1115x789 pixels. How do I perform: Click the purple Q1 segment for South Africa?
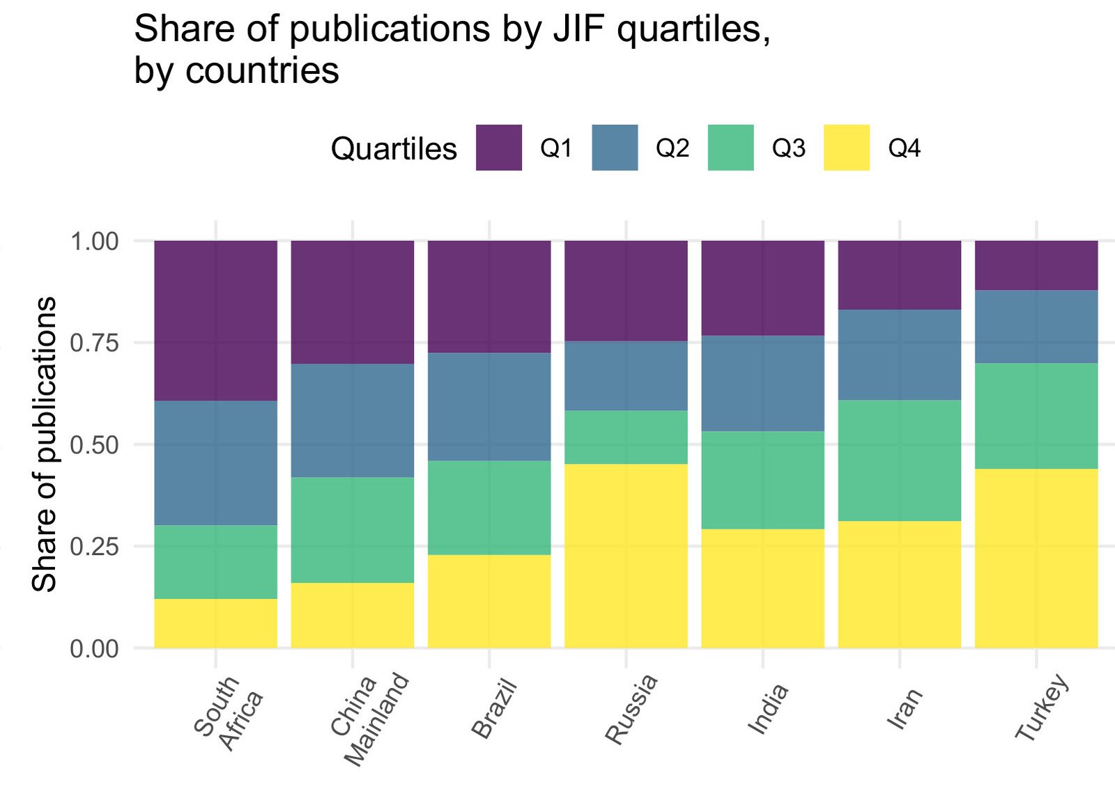click(x=215, y=320)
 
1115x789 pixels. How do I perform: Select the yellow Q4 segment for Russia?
click(x=626, y=556)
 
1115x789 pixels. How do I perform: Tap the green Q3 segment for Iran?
click(x=899, y=460)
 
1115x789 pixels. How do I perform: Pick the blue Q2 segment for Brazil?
click(x=489, y=407)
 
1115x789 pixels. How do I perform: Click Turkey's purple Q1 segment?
click(x=1036, y=265)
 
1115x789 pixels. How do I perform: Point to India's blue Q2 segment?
click(x=762, y=384)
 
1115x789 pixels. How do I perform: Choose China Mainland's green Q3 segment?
click(x=352, y=530)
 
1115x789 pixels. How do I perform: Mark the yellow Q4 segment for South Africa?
click(x=215, y=623)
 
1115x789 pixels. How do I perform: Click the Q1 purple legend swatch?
click(x=499, y=148)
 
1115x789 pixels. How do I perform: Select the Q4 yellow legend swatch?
click(x=847, y=148)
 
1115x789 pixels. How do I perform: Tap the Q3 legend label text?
click(x=788, y=148)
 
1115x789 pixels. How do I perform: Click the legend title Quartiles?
click(x=394, y=149)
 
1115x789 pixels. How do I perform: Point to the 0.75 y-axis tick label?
click(x=95, y=343)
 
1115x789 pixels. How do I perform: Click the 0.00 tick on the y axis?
click(x=95, y=648)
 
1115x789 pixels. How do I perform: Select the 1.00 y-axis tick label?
click(x=95, y=242)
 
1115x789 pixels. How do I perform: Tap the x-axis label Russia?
click(x=631, y=709)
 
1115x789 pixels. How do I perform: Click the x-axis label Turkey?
click(x=1041, y=707)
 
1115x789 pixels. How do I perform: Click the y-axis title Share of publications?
click(x=45, y=444)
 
